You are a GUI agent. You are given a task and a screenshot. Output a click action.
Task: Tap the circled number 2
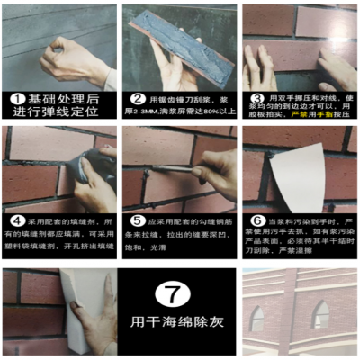(138, 100)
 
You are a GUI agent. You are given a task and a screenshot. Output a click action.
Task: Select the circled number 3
(256, 98)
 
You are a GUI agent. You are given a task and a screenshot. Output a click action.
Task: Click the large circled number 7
(178, 294)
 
